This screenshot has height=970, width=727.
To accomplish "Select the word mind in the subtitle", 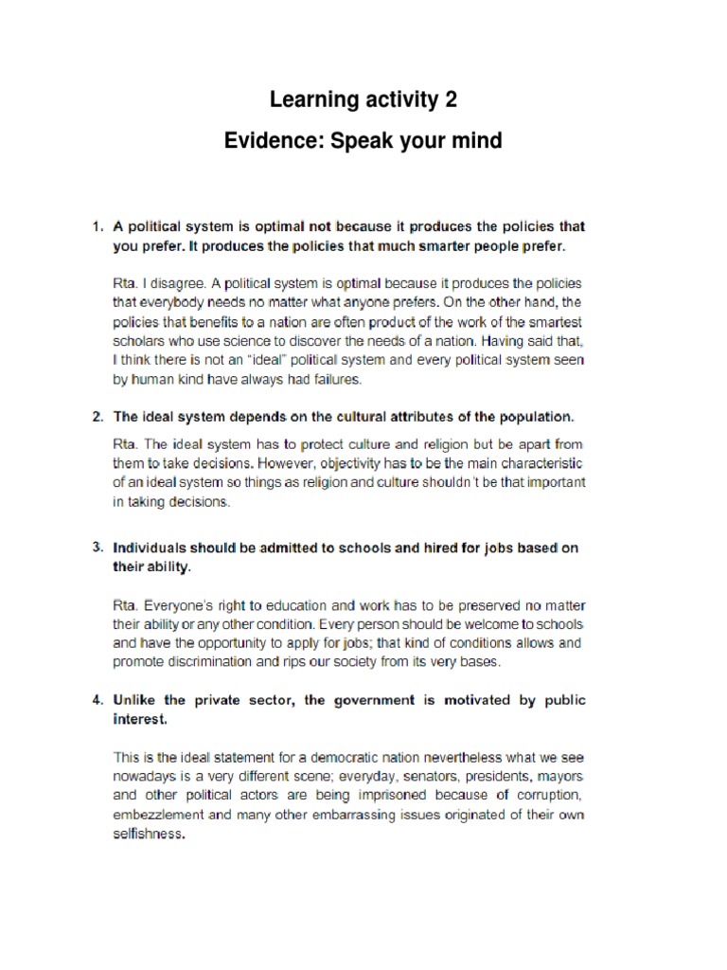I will click(473, 142).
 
